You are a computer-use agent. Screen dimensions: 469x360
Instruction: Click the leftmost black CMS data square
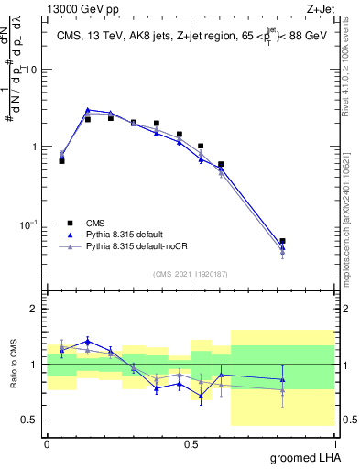pos(61,160)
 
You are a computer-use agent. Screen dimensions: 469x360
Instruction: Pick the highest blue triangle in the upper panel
pos(88,110)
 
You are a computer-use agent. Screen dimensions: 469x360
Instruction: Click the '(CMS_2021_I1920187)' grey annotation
pos(190,274)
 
